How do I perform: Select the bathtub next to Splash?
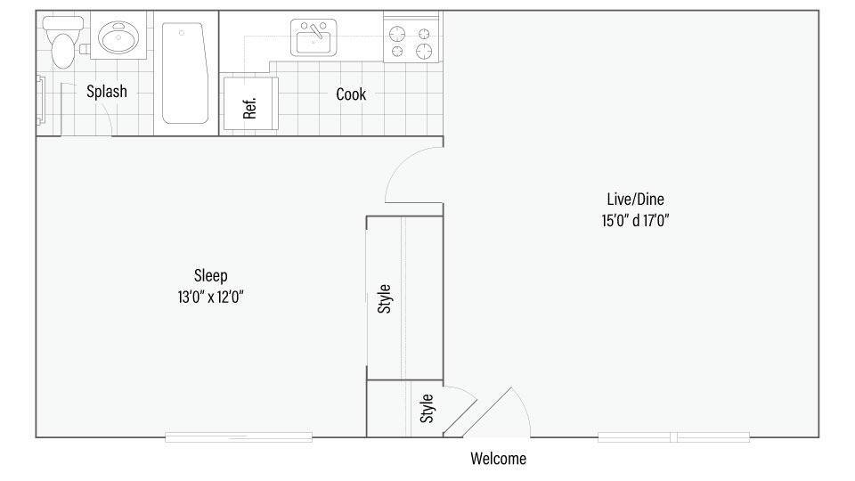185,74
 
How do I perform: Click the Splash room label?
106,91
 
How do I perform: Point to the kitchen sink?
313,37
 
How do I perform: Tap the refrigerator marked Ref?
250,104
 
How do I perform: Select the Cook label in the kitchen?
351,94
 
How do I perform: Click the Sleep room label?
210,275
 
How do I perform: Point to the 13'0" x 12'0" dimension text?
210,298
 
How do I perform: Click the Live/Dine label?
634,199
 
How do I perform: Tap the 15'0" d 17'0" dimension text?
634,220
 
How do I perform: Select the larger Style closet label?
385,298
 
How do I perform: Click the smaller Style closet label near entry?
427,409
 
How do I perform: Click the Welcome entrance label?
498,459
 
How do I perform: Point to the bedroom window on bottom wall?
239,436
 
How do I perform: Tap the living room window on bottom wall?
673,436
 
